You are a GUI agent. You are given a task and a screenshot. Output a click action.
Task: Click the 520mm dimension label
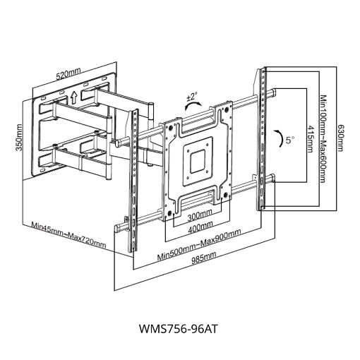(68, 73)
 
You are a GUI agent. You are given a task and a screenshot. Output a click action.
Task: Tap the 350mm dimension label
(18, 138)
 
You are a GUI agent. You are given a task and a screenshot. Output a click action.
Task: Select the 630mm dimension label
(340, 138)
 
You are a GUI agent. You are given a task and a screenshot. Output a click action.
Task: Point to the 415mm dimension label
(311, 139)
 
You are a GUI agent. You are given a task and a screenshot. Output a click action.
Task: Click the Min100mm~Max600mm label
(323, 139)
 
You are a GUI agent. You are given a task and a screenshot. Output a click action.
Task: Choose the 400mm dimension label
(200, 227)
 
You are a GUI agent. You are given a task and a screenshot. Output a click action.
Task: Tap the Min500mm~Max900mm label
(199, 244)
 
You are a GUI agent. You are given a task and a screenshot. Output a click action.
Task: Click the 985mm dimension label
(204, 258)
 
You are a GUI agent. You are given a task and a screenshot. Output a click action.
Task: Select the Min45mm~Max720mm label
(68, 234)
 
